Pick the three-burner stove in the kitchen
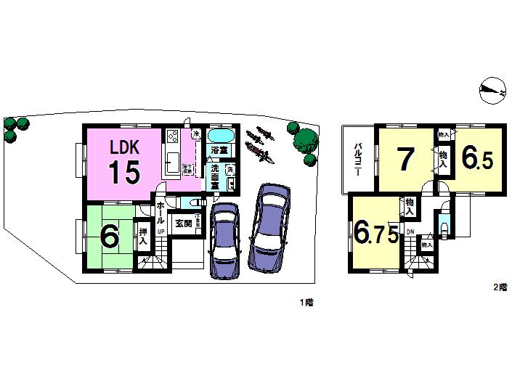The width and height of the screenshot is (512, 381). [x=173, y=136]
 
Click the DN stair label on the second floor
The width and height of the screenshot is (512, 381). [x=410, y=232]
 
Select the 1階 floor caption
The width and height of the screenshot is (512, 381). [x=309, y=300]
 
